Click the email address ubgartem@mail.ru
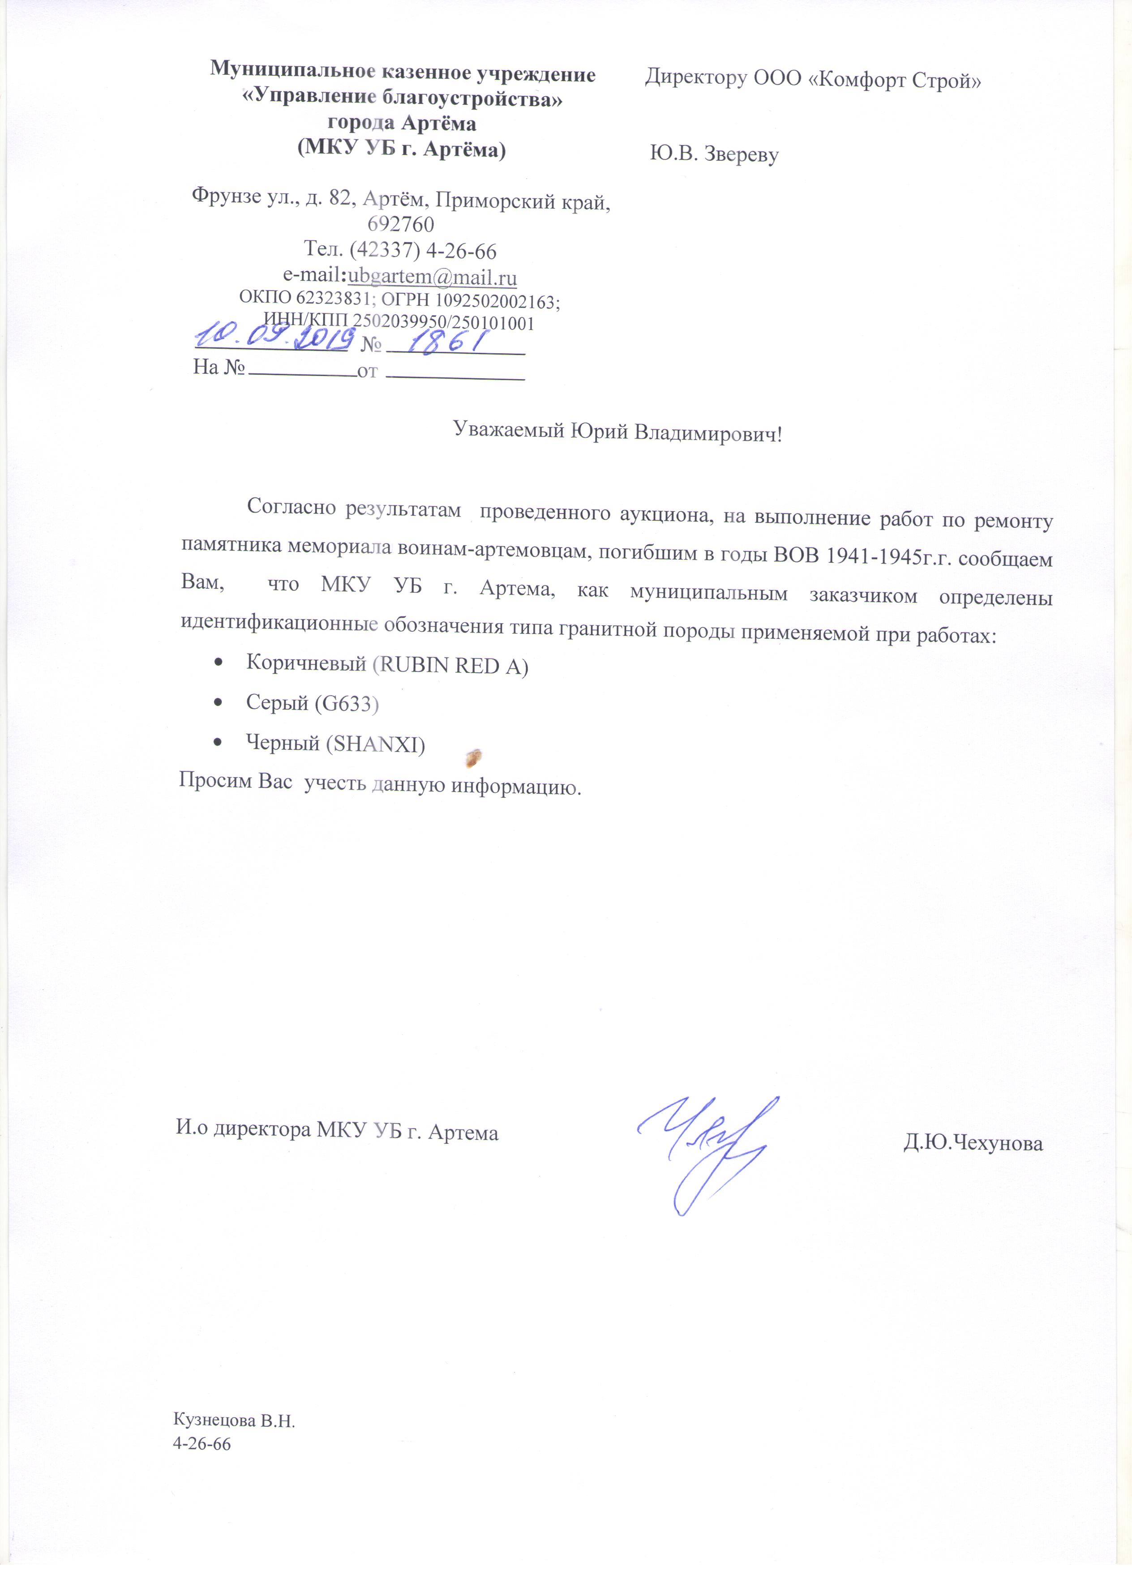(x=432, y=277)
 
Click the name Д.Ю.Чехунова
(x=972, y=1142)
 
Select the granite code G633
(x=346, y=704)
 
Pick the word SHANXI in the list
(x=374, y=744)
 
